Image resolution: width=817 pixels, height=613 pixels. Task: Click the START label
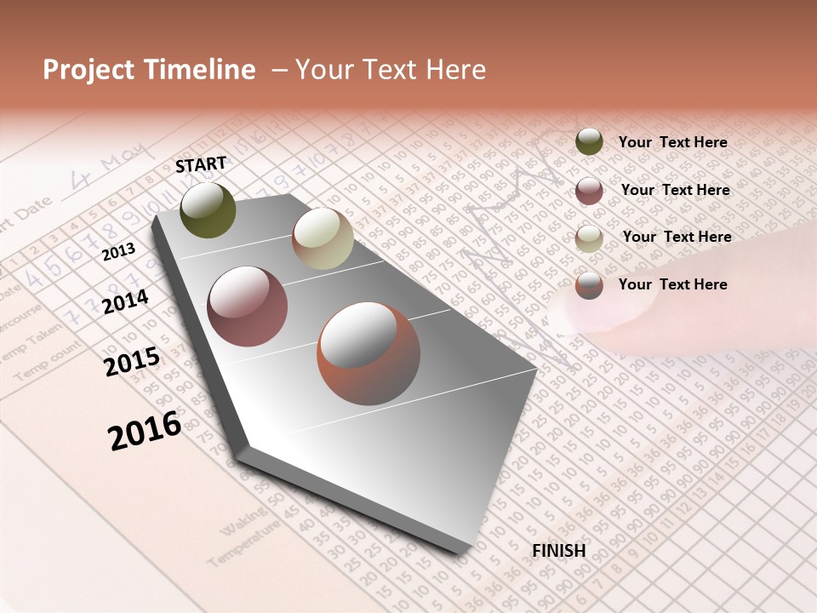pos(201,164)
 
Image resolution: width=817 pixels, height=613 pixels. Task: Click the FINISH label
pos(558,551)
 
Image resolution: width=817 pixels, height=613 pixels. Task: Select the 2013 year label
pos(118,252)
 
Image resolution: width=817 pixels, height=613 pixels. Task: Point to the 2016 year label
pos(145,430)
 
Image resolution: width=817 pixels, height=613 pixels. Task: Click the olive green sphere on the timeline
pos(208,209)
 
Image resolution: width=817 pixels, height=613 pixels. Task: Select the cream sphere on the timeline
pos(323,238)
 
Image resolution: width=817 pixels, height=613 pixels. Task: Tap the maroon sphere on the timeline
pos(247,306)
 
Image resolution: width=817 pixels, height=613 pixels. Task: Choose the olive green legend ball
pos(589,141)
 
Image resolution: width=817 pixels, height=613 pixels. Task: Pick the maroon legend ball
pos(589,191)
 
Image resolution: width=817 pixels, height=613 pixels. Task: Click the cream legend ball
pos(589,238)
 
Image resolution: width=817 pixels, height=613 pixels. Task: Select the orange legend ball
pos(589,285)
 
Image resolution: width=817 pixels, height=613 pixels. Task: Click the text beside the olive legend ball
pos(672,142)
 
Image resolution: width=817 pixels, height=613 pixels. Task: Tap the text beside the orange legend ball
pos(672,284)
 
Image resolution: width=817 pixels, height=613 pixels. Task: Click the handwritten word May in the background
pos(127,165)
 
